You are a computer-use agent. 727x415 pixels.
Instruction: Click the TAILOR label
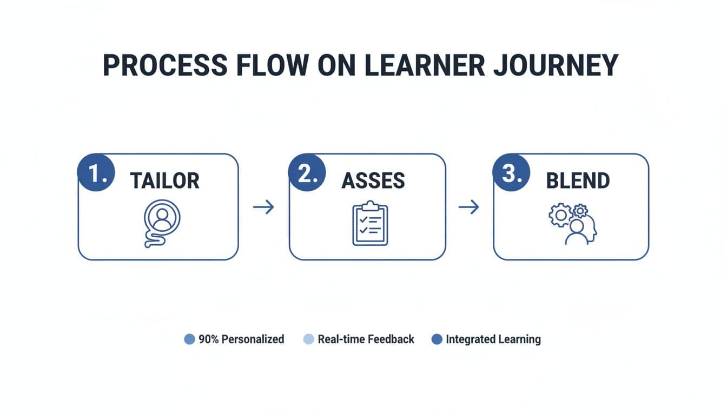[x=164, y=181]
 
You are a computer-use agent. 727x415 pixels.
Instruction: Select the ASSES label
[x=373, y=181]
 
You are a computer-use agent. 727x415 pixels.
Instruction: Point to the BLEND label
[x=578, y=181]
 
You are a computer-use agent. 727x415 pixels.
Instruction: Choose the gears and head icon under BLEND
[x=573, y=223]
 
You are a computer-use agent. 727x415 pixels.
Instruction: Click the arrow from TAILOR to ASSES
[x=263, y=207]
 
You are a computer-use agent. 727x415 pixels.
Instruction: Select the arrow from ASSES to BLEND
[x=469, y=207]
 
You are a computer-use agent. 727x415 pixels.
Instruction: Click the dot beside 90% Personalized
[x=189, y=339]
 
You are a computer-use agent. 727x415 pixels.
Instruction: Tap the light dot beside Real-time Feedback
[x=308, y=339]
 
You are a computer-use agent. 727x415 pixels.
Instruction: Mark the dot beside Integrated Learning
[x=437, y=339]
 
